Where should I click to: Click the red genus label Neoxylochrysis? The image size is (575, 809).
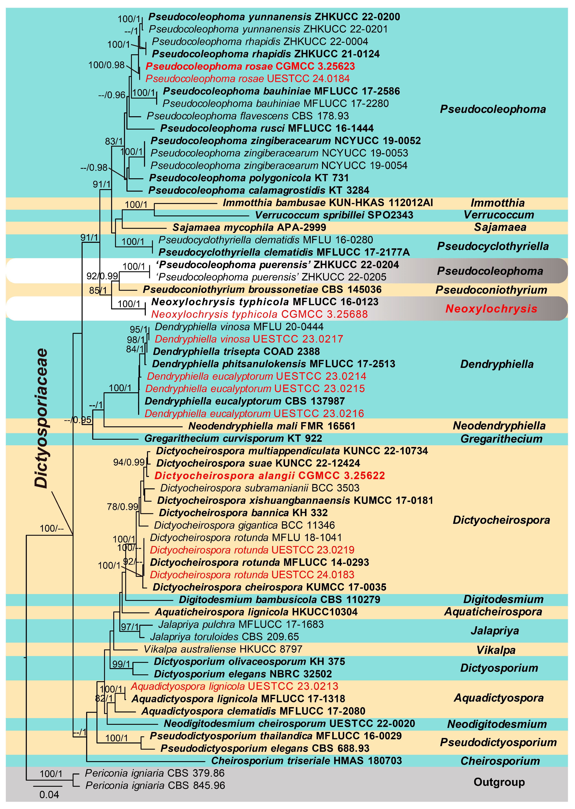[491, 309]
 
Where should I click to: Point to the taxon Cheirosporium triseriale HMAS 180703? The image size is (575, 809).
[306, 760]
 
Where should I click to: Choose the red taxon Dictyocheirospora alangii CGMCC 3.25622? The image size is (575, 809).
[269, 475]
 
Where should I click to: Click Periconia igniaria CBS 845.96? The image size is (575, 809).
[155, 785]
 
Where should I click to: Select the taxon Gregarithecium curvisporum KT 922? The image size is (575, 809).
[233, 438]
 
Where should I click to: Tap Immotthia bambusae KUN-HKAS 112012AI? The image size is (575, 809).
[328, 203]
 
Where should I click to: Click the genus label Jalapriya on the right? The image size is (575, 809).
[495, 631]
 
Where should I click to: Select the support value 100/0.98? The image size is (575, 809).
[106, 65]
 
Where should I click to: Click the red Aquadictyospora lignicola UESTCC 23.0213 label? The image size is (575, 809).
[234, 686]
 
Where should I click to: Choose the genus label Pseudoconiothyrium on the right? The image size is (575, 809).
[491, 290]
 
